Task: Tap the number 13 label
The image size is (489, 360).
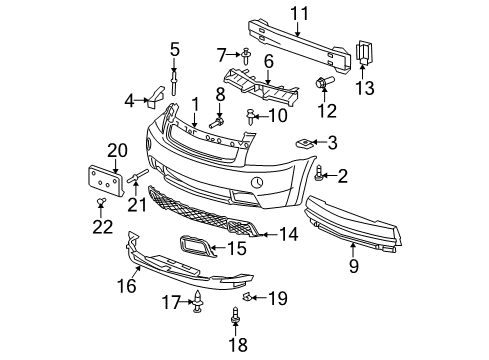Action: click(x=365, y=89)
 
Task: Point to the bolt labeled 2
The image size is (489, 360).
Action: click(x=319, y=176)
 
